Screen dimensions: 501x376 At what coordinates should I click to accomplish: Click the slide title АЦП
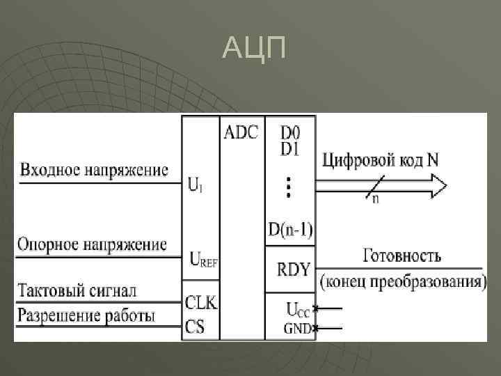254,49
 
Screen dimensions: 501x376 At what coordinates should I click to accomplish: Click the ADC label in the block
241,132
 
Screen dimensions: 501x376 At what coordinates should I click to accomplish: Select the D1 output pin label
290,148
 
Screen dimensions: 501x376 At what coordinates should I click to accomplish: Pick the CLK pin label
201,301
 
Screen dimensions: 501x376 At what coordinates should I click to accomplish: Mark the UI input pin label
196,187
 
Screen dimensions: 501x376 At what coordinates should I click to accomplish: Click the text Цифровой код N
380,159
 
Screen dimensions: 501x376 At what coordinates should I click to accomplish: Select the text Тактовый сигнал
77,290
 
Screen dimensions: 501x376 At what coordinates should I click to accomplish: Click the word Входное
53,169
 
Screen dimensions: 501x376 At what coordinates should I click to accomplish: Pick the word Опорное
53,244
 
